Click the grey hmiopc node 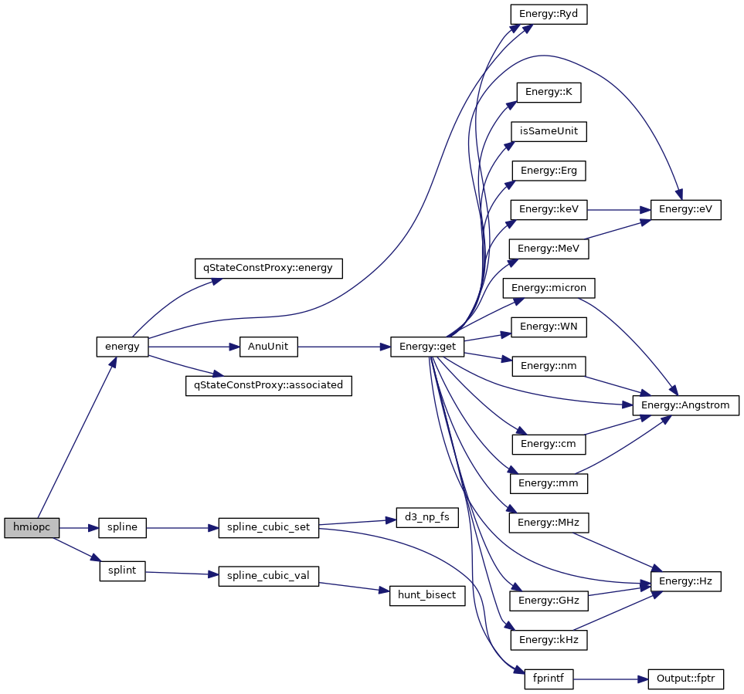[x=32, y=528]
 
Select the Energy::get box [x=427, y=347]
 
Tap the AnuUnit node [x=268, y=347]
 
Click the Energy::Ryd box [x=549, y=14]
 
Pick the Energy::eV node [x=685, y=209]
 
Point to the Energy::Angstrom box [x=686, y=405]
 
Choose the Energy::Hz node [x=685, y=581]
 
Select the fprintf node [x=549, y=679]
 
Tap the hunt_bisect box [x=427, y=595]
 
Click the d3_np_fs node [x=427, y=518]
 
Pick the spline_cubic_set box [x=268, y=528]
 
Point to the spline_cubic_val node [x=268, y=576]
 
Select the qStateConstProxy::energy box [x=268, y=268]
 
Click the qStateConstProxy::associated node [x=268, y=385]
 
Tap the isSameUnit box [x=549, y=131]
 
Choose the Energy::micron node [x=549, y=288]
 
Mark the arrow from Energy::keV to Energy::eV [x=618, y=209]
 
